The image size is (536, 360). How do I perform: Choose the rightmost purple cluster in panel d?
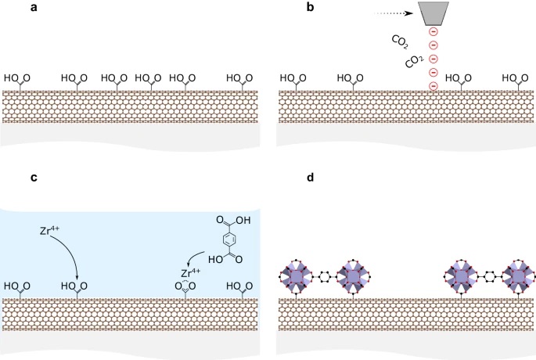coord(518,277)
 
